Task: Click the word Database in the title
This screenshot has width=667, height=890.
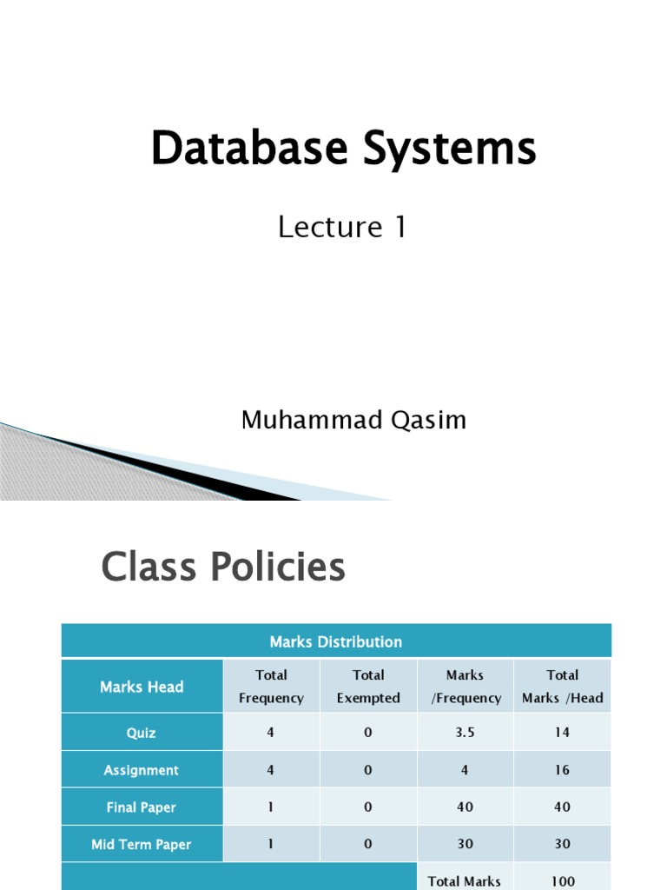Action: click(x=249, y=148)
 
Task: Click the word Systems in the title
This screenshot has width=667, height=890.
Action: click(x=450, y=149)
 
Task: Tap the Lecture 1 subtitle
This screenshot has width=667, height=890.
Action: click(x=342, y=227)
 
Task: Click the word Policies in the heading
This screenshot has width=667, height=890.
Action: click(x=278, y=567)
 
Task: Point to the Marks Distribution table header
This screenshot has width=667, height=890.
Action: click(x=336, y=642)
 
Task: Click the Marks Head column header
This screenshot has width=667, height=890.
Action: click(x=142, y=687)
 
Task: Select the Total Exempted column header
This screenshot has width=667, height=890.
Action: click(x=368, y=687)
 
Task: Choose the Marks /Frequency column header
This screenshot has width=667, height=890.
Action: click(x=466, y=687)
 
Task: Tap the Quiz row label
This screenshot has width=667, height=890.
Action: click(x=142, y=733)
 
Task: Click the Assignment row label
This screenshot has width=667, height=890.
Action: click(x=142, y=770)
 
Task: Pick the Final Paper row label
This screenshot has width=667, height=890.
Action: click(x=142, y=807)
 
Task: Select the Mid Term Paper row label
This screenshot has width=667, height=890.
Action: click(x=142, y=845)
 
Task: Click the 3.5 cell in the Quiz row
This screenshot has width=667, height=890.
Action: click(x=466, y=732)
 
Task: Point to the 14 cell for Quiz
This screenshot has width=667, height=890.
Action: click(x=562, y=732)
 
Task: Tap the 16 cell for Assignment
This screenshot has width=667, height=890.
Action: click(x=562, y=770)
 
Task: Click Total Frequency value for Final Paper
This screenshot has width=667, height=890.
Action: click(x=271, y=807)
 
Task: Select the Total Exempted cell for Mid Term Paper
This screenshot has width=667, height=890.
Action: click(x=368, y=844)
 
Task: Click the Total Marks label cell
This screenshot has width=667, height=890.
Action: click(x=465, y=881)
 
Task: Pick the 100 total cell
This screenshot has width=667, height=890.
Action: click(x=563, y=881)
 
